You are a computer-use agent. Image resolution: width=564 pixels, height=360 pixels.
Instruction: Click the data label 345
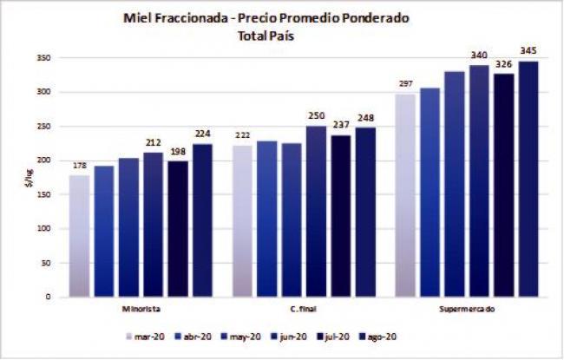tap(528, 50)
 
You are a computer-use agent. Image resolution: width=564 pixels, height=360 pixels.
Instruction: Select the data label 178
tap(79, 164)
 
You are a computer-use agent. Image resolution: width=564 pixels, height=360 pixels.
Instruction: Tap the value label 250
tap(316, 115)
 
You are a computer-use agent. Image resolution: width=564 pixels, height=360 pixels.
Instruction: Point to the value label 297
tap(405, 83)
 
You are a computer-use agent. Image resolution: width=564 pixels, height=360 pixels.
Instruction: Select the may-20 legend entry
tap(238, 336)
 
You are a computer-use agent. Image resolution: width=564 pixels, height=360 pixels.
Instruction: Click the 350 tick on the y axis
tap(43, 58)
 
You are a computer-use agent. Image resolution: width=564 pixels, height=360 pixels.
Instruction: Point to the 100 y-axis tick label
tap(43, 229)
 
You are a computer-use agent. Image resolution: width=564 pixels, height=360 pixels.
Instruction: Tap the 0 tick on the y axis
tap(49, 298)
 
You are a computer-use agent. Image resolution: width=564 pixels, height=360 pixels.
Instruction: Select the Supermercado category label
tap(467, 309)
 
